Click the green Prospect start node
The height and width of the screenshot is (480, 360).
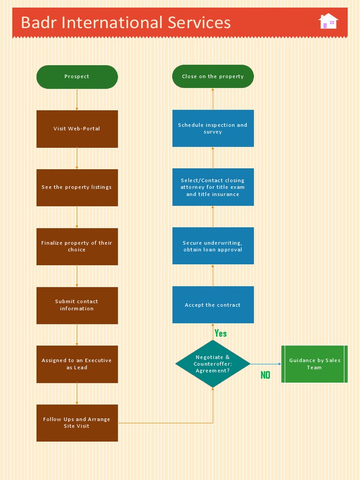point(77,77)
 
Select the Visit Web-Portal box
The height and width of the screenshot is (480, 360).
point(77,129)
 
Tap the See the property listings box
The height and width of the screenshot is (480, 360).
point(77,187)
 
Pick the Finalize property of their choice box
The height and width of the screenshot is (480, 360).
point(77,247)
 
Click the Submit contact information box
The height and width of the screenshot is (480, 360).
point(77,305)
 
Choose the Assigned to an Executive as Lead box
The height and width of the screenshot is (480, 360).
point(77,364)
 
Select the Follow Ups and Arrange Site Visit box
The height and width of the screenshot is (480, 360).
point(77,423)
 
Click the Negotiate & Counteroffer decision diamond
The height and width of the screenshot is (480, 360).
point(213,364)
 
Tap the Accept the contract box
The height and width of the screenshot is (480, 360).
point(213,305)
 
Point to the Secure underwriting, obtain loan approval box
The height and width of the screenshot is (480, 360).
point(213,246)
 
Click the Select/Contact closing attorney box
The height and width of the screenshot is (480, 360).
point(213,187)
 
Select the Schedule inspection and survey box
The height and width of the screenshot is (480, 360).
point(213,128)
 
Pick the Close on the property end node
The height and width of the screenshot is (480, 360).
point(213,76)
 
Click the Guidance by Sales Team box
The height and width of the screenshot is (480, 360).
point(315,364)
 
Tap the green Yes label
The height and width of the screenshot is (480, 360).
point(220,333)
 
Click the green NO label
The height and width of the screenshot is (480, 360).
point(265,375)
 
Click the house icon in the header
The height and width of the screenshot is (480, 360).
point(328,21)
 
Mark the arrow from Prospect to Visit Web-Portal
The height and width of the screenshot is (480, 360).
point(77,99)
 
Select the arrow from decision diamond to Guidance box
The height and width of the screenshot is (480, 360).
point(265,364)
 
